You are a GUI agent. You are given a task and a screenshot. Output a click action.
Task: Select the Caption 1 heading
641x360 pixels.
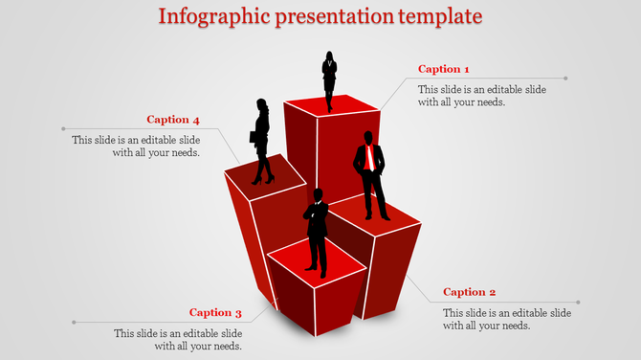point(444,69)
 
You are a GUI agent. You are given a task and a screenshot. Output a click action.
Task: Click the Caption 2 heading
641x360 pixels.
point(470,292)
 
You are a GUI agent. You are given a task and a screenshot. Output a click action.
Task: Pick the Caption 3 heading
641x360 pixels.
point(215,312)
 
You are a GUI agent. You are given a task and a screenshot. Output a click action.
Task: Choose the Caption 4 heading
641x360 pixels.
point(173,120)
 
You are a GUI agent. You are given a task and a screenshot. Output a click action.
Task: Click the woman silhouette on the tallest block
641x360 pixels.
point(330,79)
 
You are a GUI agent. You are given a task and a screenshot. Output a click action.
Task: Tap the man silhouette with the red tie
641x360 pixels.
point(371,177)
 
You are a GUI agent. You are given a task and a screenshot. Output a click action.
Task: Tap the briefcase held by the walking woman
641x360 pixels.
point(254,137)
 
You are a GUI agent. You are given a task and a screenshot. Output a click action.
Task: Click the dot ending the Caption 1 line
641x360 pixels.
point(565,79)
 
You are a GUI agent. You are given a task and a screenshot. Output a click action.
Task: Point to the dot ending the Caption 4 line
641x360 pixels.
point(63,128)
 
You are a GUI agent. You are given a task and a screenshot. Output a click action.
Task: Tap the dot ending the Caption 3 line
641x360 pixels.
point(74,322)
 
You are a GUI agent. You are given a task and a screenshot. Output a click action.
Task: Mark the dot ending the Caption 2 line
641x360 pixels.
point(578,302)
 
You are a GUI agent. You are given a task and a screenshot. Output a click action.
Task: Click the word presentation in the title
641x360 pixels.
point(331,17)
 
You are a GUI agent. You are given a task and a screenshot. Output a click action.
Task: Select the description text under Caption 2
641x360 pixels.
point(507,320)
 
